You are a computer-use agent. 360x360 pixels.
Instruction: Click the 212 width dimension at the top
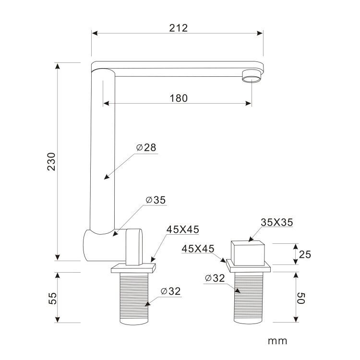[x=179, y=28]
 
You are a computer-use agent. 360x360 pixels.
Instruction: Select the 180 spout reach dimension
[x=179, y=98]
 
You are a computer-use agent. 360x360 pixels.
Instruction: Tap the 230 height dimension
[x=51, y=161]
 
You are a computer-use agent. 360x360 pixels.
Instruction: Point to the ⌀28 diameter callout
[x=146, y=147]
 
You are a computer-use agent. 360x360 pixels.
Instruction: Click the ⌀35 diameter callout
[x=156, y=200]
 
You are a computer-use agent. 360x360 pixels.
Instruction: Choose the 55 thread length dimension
[x=53, y=298]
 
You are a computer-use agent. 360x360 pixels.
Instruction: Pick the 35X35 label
[x=277, y=222]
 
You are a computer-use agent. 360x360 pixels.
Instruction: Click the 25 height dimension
[x=305, y=254]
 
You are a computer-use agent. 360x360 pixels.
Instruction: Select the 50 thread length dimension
[x=301, y=298]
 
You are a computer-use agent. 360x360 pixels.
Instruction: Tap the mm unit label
[x=277, y=341]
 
